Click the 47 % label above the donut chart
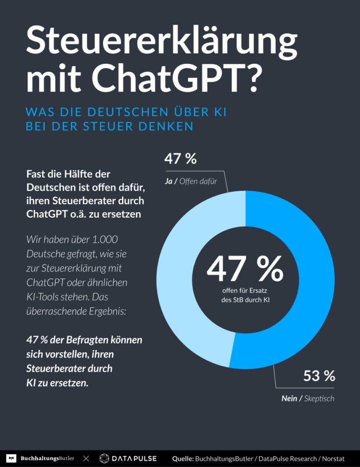(x=180, y=159)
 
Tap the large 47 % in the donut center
(x=245, y=270)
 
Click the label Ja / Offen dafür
(x=190, y=182)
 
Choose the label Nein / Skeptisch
(x=308, y=398)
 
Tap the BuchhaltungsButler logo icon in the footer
(x=12, y=458)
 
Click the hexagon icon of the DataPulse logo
(x=104, y=458)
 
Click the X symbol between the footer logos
(x=86, y=458)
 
